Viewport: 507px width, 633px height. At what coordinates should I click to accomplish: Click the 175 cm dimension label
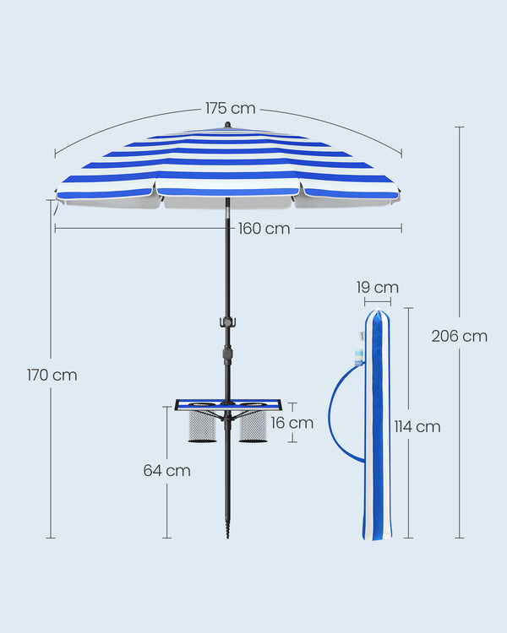pyautogui.click(x=231, y=108)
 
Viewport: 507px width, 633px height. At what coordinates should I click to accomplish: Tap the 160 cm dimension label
pyautogui.click(x=264, y=229)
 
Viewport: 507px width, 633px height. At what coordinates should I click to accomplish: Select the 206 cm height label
pyautogui.click(x=460, y=336)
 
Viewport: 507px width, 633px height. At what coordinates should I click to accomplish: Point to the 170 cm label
pyautogui.click(x=52, y=375)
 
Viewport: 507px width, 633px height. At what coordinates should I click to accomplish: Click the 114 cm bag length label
pyautogui.click(x=417, y=427)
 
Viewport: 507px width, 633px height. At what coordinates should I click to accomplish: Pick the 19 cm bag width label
pyautogui.click(x=378, y=288)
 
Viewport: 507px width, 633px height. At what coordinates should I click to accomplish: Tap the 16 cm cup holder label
pyautogui.click(x=292, y=423)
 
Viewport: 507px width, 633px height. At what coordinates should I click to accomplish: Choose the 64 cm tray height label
pyautogui.click(x=167, y=470)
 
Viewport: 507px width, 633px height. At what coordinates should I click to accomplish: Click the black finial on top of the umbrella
pyautogui.click(x=227, y=125)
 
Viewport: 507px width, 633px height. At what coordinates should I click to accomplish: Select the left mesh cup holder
pyautogui.click(x=202, y=426)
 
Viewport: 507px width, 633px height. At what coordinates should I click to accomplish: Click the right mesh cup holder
pyautogui.click(x=253, y=426)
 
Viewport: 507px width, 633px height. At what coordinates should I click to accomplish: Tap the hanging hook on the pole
pyautogui.click(x=227, y=322)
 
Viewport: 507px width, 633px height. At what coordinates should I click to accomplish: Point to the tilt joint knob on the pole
pyautogui.click(x=227, y=354)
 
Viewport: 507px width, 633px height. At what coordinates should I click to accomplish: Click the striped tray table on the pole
pyautogui.click(x=228, y=404)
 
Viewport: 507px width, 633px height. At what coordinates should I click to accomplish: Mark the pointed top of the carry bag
pyautogui.click(x=378, y=310)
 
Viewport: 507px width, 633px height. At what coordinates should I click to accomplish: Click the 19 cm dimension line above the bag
pyautogui.click(x=378, y=302)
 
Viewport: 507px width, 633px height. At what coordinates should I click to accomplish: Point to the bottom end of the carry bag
pyautogui.click(x=377, y=538)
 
